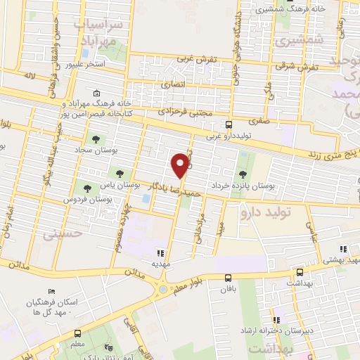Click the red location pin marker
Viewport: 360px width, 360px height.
coord(181,165)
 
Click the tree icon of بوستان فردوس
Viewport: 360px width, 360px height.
coord(88,188)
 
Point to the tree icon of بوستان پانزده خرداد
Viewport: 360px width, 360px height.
coord(243,174)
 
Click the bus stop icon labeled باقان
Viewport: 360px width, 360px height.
coord(228,278)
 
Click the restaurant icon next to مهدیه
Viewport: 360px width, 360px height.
coord(160,252)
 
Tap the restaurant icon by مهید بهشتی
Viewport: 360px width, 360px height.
coord(342,249)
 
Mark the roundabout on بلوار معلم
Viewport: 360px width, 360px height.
coord(164,287)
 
